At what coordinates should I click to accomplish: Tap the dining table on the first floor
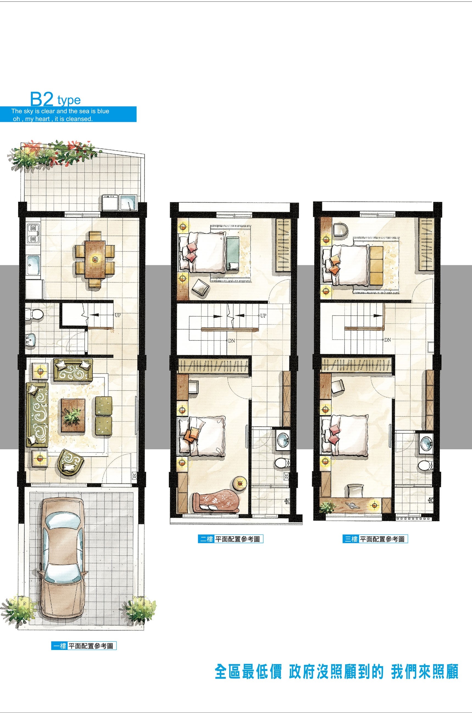click(95, 259)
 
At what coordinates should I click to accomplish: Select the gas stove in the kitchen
click(33, 234)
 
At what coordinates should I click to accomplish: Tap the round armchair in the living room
click(71, 463)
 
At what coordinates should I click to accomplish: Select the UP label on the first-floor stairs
click(118, 315)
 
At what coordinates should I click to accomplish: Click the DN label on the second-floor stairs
click(231, 341)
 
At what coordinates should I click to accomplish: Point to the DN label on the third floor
click(387, 340)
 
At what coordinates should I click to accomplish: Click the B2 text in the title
click(42, 99)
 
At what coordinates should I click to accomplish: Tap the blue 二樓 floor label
click(206, 539)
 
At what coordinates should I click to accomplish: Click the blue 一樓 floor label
click(59, 646)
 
